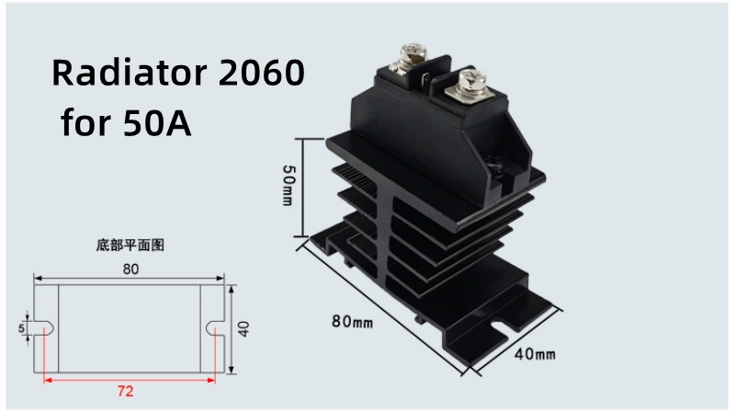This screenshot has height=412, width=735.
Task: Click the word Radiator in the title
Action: point(129,73)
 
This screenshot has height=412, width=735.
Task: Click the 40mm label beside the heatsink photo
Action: point(534,354)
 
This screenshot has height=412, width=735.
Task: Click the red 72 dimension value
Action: point(126,391)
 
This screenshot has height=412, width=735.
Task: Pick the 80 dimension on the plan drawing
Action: point(130,269)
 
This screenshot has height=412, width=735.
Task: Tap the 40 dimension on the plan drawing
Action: point(243,328)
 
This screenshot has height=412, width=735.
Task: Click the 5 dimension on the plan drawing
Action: point(20,327)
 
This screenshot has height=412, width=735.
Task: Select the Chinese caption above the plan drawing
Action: point(130,246)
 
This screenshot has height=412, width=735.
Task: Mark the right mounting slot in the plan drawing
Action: point(213,326)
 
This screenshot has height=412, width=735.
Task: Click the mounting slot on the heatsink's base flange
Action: point(503,324)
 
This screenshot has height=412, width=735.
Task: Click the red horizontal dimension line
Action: point(129,377)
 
